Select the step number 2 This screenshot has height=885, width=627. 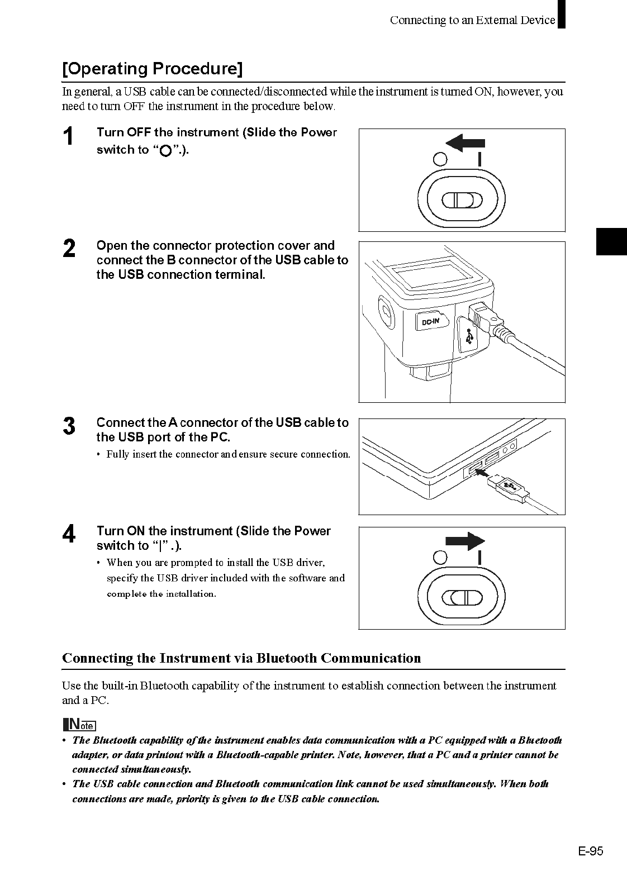tap(69, 249)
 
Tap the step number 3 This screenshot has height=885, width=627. tap(69, 426)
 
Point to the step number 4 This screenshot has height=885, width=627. tap(69, 534)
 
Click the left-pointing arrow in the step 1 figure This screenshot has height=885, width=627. tap(465, 144)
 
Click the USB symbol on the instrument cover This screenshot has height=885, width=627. tap(468, 336)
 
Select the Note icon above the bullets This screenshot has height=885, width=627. tap(79, 725)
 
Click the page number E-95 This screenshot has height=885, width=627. tap(591, 851)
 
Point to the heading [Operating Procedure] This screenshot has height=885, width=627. tap(152, 69)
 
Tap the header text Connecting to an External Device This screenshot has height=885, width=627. tap(472, 21)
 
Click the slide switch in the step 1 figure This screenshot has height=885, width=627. tap(462, 200)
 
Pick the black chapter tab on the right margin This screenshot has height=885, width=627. tap(611, 241)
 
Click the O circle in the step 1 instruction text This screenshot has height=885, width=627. tap(165, 151)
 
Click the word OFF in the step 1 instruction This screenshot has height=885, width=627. tap(139, 132)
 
